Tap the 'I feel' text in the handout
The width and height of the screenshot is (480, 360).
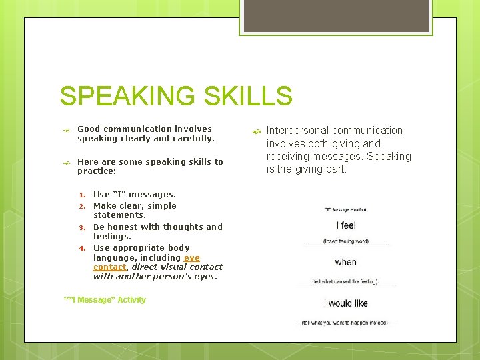click(x=345, y=225)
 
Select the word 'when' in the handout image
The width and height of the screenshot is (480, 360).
click(x=345, y=262)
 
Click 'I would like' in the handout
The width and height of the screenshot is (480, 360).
click(x=345, y=303)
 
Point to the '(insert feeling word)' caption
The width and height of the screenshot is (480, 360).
click(x=345, y=241)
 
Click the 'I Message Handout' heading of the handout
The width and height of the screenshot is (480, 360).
click(x=345, y=210)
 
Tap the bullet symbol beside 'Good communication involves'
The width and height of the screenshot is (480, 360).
click(x=65, y=131)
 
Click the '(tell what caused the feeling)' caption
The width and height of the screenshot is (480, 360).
click(x=345, y=282)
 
